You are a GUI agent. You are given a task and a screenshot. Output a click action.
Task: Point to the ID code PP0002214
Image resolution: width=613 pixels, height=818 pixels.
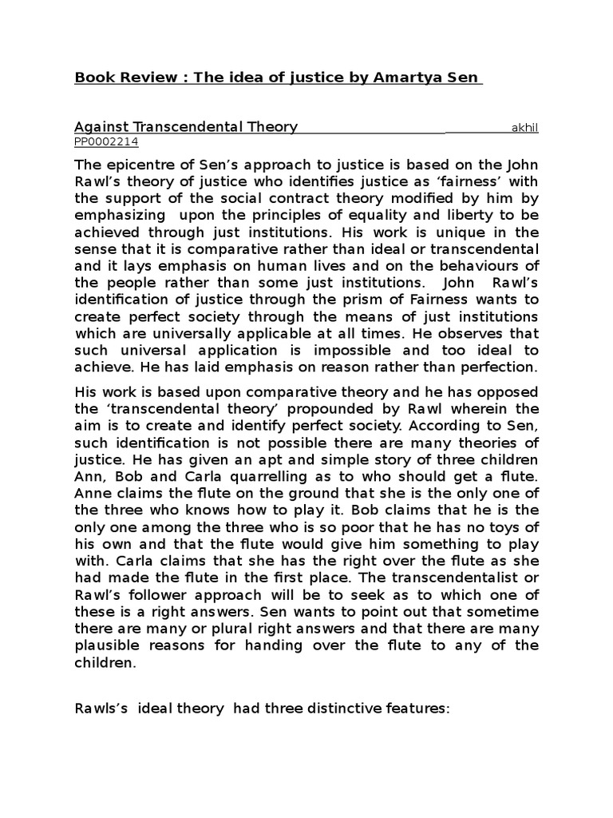(106, 141)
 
